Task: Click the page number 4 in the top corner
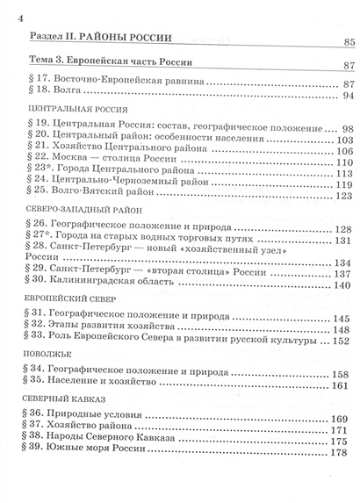click(x=9, y=19)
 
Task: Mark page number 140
click(x=342, y=285)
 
